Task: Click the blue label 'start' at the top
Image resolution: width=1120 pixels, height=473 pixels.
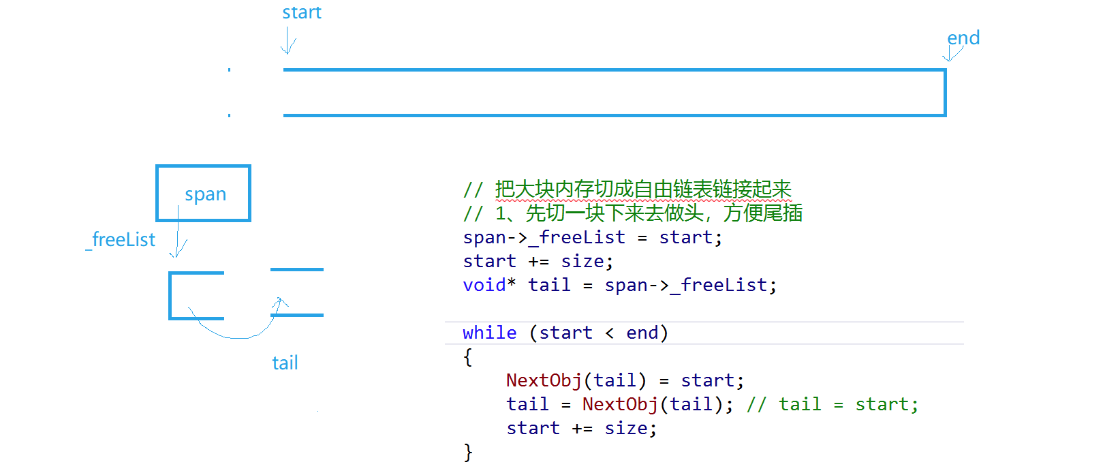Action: [x=302, y=13]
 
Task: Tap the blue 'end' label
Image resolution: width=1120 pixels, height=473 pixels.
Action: [x=963, y=38]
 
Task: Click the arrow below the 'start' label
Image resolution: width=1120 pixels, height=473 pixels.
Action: [x=288, y=41]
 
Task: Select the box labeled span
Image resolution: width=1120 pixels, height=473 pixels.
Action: [x=204, y=194]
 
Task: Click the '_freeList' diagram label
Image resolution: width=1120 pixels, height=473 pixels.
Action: [x=121, y=240]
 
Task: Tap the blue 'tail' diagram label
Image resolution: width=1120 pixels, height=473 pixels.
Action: [x=285, y=363]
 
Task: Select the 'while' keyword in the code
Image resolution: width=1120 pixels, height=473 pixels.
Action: [x=489, y=333]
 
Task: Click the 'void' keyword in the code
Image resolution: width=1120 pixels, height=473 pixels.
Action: [x=484, y=285]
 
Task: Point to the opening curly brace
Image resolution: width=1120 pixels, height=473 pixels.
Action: [x=467, y=357]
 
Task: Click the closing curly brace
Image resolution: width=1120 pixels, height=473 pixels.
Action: [x=467, y=452]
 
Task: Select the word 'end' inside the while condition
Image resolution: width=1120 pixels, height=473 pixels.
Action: [x=642, y=333]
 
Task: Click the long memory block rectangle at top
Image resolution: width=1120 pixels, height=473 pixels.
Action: [x=613, y=93]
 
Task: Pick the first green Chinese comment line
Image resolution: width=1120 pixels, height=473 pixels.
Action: [x=627, y=189]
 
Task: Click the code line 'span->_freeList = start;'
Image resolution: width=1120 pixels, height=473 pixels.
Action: [x=592, y=237]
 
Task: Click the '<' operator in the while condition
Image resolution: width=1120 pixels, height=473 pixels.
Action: [x=609, y=333]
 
